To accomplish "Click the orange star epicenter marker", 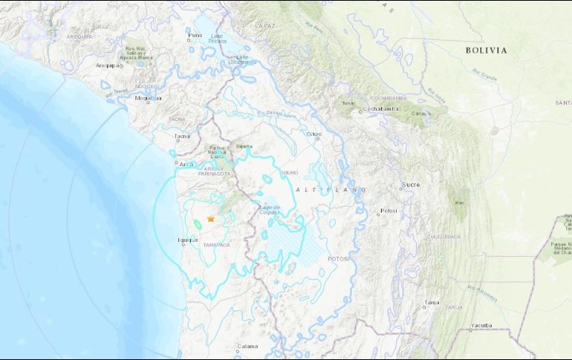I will coord(211,219).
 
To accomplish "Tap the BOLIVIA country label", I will coord(487,50).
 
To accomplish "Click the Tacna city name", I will coord(181,137).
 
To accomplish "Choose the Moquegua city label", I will coord(148,98).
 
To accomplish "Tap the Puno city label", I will coord(195,35).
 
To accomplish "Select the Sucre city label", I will coord(411,184).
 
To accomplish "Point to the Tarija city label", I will coord(432,302).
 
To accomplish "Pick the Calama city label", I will coord(247,346).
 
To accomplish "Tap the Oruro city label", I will coord(314,135).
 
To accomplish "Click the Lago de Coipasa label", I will coord(269,209).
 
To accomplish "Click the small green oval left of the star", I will coord(198,222).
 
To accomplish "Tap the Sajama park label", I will coord(244,146).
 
